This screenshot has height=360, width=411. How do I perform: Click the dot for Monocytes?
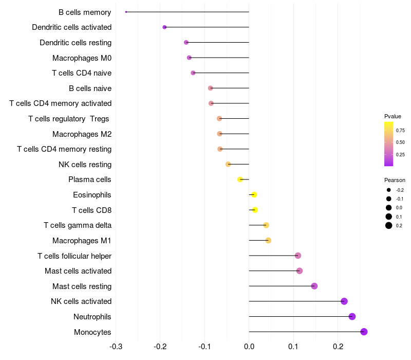364,332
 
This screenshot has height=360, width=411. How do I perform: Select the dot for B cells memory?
126,12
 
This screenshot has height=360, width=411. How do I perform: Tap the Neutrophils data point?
352,316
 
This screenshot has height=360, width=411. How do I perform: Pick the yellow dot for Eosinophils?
254,195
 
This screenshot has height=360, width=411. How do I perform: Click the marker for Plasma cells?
240,179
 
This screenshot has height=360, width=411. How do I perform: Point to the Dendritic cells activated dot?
164,27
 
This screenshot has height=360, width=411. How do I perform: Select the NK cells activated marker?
344,301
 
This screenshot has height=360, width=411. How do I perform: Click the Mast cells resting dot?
314,286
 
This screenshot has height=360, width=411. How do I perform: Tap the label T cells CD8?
91,210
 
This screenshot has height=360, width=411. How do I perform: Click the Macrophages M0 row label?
82,58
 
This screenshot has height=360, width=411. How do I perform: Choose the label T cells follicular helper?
74,256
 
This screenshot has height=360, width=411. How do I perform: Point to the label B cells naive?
90,88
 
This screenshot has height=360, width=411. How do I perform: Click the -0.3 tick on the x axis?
116,347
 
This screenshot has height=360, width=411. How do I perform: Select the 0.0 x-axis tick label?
249,347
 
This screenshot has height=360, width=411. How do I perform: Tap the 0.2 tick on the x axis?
338,347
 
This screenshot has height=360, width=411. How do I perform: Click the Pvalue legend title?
393,116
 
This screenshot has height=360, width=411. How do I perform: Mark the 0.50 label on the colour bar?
400,142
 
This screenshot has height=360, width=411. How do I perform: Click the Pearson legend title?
395,180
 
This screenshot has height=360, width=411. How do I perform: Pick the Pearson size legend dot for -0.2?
388,190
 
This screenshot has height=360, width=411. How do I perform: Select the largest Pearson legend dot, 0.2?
388,225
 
